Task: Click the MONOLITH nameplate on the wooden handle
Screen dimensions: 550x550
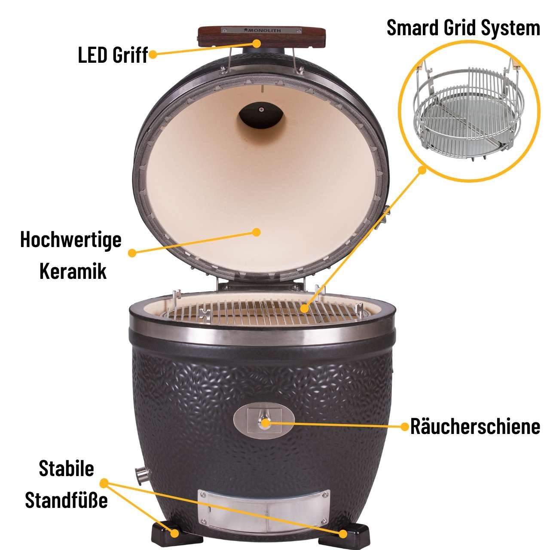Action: [x=262, y=30]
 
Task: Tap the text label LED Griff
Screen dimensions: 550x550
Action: [x=113, y=55]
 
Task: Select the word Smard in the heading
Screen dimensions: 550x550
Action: [x=410, y=27]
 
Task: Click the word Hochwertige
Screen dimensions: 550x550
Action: [x=71, y=240]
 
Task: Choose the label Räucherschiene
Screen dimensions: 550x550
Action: [x=475, y=426]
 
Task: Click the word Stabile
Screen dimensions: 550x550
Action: [x=67, y=468]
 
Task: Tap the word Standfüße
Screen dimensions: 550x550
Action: [x=67, y=500]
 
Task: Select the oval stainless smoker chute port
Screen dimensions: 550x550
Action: [x=264, y=421]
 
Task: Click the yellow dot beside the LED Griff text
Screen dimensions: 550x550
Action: [x=153, y=55]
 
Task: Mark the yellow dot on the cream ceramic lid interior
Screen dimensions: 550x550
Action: [x=257, y=232]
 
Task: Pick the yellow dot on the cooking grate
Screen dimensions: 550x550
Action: [x=305, y=309]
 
